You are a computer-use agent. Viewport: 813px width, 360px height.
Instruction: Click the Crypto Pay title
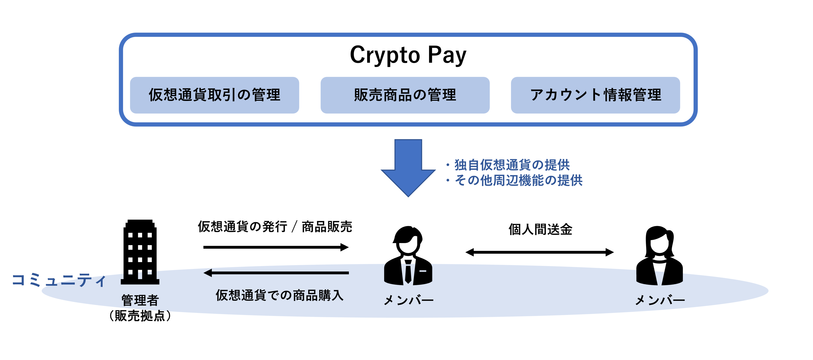[408, 55]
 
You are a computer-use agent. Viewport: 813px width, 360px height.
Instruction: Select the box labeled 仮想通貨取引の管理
[214, 95]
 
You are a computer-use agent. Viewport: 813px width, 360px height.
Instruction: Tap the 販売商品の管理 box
[405, 95]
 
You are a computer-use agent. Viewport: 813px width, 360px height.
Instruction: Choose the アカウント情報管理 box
[595, 95]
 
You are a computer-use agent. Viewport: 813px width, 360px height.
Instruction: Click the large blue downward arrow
[408, 167]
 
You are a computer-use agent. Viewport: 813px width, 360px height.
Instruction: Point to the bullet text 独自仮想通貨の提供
[512, 165]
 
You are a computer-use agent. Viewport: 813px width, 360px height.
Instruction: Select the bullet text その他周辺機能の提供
[518, 180]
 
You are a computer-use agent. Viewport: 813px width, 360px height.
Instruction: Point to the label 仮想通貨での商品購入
[279, 296]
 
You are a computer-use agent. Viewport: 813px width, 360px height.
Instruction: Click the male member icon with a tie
[408, 256]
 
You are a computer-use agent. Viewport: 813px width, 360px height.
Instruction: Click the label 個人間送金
[540, 229]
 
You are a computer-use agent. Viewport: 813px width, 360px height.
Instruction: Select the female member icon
[659, 256]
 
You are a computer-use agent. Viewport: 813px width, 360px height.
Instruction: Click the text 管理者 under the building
[140, 300]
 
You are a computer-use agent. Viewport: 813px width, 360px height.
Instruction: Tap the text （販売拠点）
[140, 315]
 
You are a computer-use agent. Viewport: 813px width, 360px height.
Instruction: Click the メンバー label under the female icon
[660, 300]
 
